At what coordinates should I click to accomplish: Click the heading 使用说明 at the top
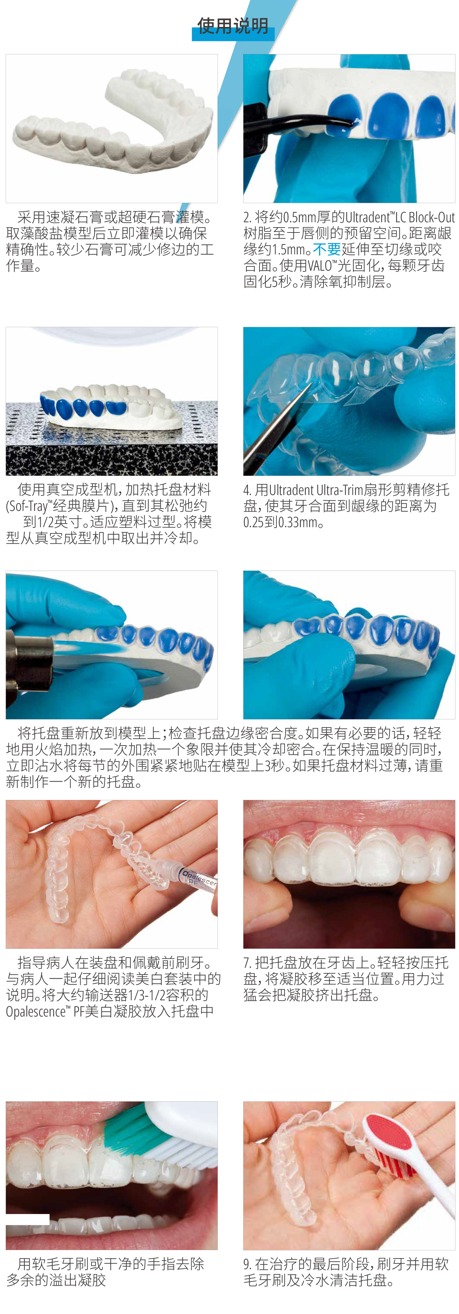233,25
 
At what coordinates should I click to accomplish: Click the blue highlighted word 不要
327,249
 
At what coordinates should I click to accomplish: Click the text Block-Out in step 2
431,217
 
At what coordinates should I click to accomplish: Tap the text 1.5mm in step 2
289,249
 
